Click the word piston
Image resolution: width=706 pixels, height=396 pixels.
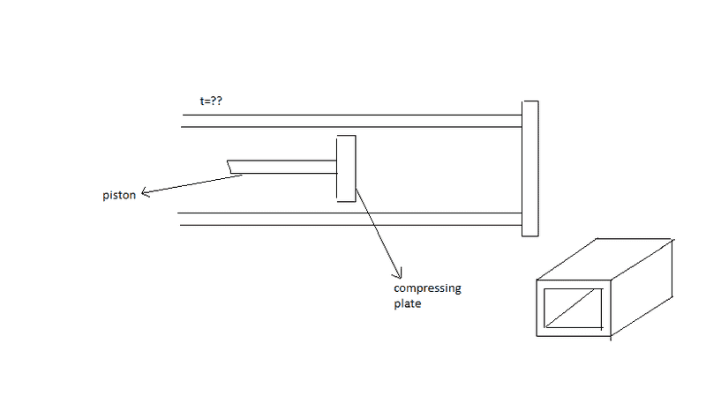[118, 195]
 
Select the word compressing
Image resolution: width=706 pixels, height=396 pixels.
[427, 289]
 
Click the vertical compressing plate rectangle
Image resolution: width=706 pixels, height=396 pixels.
[346, 168]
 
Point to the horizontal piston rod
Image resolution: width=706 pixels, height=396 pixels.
[282, 165]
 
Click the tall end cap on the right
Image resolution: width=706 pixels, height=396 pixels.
[529, 168]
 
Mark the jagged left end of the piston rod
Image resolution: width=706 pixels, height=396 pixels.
[229, 166]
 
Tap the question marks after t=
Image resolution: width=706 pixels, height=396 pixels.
[217, 102]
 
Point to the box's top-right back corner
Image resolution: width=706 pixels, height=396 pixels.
[675, 238]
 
